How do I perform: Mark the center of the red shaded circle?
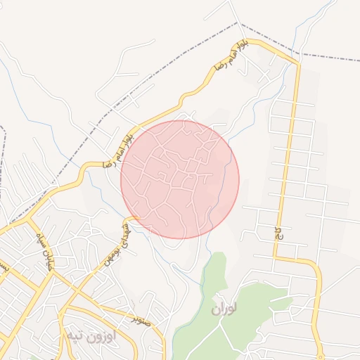180,179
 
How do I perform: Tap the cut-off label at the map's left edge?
4,267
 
